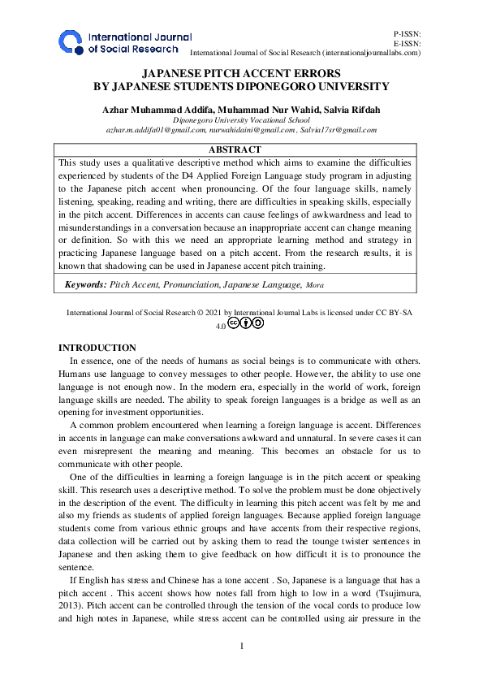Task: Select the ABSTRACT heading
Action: click(235, 149)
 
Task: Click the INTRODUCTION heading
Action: click(102, 348)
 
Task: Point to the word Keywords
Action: click(84, 284)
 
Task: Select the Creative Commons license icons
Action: click(245, 323)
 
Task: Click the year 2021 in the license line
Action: click(210, 311)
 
